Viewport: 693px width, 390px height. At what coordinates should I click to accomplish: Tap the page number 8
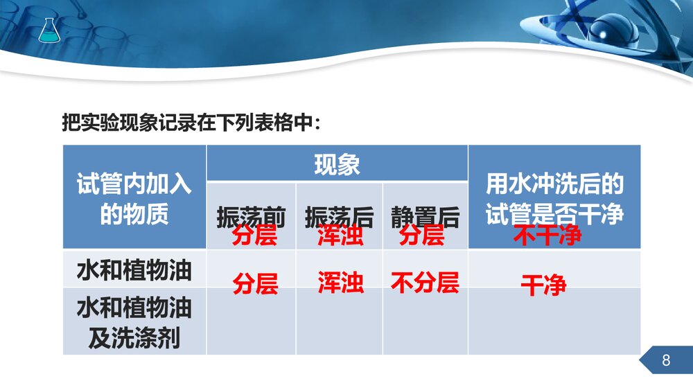pyautogui.click(x=667, y=360)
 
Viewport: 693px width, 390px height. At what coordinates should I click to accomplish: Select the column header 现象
pyautogui.click(x=337, y=165)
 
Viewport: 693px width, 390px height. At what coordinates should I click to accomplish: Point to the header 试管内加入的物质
pyautogui.click(x=134, y=199)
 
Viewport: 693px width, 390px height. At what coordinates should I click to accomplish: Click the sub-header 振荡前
pyautogui.click(x=251, y=216)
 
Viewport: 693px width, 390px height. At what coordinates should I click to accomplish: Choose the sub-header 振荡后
pyautogui.click(x=339, y=216)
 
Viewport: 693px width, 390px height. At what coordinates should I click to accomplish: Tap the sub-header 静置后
pyautogui.click(x=425, y=216)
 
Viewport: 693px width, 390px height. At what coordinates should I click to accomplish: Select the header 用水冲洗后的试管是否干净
pyautogui.click(x=554, y=198)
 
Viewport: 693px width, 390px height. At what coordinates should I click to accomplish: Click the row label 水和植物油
pyautogui.click(x=134, y=269)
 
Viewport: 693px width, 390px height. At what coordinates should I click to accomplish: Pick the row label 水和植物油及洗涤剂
pyautogui.click(x=134, y=322)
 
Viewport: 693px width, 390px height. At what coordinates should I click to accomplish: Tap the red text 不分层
pyautogui.click(x=425, y=283)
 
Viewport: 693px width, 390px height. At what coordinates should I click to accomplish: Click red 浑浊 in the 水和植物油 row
pyautogui.click(x=340, y=283)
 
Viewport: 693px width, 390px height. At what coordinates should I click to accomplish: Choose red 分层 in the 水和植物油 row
pyautogui.click(x=255, y=283)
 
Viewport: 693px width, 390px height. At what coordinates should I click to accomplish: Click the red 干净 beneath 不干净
pyautogui.click(x=543, y=285)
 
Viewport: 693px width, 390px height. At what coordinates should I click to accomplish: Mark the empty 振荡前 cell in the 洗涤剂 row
pyautogui.click(x=251, y=322)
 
